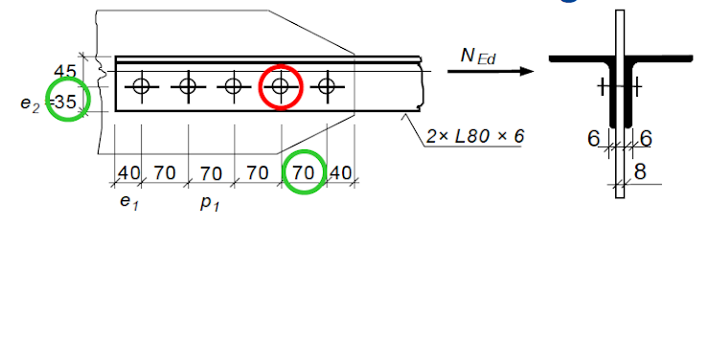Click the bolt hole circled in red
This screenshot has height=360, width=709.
point(281,86)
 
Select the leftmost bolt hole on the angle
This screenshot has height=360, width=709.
point(142,86)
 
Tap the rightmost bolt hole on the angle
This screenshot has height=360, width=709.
point(327,86)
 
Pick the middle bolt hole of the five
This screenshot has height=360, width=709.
point(234,86)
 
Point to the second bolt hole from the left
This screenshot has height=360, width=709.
point(188,86)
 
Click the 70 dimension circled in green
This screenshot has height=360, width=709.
point(304,173)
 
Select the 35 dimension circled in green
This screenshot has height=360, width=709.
point(66,100)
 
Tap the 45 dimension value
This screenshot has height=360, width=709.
point(65,72)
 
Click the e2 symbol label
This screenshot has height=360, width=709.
point(31,101)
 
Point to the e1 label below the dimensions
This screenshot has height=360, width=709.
point(128,202)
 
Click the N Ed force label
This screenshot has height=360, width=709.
point(478,56)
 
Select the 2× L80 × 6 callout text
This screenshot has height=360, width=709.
point(475,137)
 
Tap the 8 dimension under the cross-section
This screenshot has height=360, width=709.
point(639,173)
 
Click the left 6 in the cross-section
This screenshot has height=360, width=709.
point(594,140)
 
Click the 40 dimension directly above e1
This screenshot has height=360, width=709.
point(128,173)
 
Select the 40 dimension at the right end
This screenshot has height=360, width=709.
point(341,173)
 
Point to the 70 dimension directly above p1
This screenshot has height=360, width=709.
point(211,173)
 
